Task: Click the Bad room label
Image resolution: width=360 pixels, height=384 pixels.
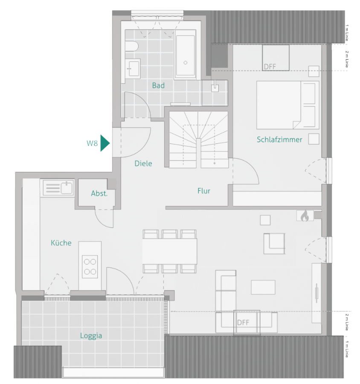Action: coord(158,86)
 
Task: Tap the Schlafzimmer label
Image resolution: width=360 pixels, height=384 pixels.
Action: coord(279,140)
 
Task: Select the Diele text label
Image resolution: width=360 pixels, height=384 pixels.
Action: coord(143,163)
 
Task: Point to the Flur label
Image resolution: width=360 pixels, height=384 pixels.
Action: coord(204,191)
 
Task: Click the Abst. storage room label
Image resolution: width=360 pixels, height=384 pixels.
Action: coord(99,194)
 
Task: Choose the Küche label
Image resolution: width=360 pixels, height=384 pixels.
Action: coord(61,243)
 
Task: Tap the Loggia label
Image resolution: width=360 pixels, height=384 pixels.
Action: coord(91,336)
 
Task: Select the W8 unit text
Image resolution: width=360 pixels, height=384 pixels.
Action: coord(92,143)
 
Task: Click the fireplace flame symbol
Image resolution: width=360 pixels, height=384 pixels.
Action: coord(304,216)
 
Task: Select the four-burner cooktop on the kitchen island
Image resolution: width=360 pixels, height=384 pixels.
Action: coord(90,266)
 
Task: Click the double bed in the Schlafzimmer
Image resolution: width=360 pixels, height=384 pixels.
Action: coord(287,105)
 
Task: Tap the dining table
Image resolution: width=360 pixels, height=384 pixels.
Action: coord(170,251)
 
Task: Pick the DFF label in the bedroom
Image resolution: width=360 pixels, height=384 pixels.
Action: coord(270,67)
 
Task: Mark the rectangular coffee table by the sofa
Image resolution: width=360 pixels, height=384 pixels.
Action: coord(263,287)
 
